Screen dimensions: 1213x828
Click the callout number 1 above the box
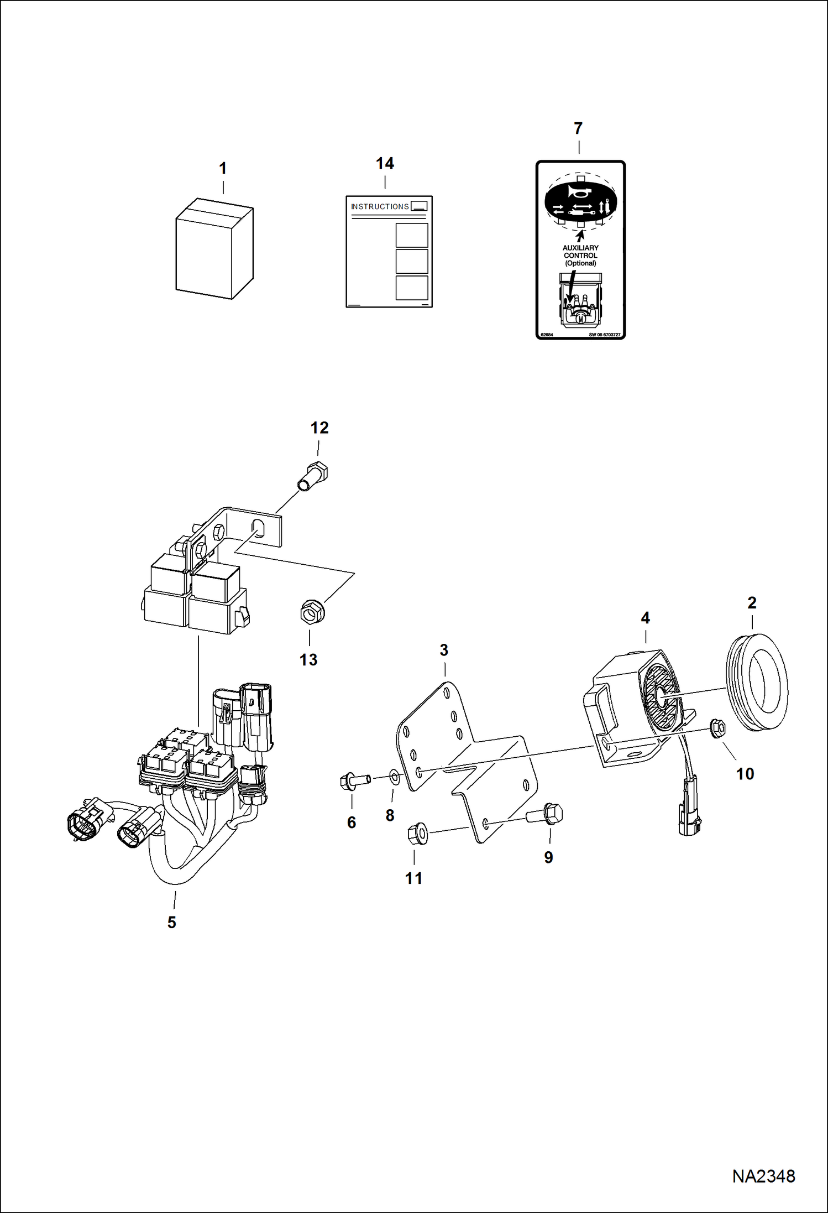[x=223, y=169]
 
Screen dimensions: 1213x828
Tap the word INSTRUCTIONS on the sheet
[x=380, y=207]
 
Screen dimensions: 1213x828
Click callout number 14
[x=385, y=164]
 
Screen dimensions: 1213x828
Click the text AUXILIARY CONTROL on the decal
[x=580, y=252]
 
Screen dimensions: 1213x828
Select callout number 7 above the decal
[x=578, y=129]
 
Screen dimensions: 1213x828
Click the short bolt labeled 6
[x=353, y=782]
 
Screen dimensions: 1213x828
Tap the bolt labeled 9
[x=547, y=814]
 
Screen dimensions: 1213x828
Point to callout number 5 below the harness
[x=172, y=922]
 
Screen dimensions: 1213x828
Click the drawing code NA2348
[x=763, y=1176]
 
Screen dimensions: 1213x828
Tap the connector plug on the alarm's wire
[x=688, y=811]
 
